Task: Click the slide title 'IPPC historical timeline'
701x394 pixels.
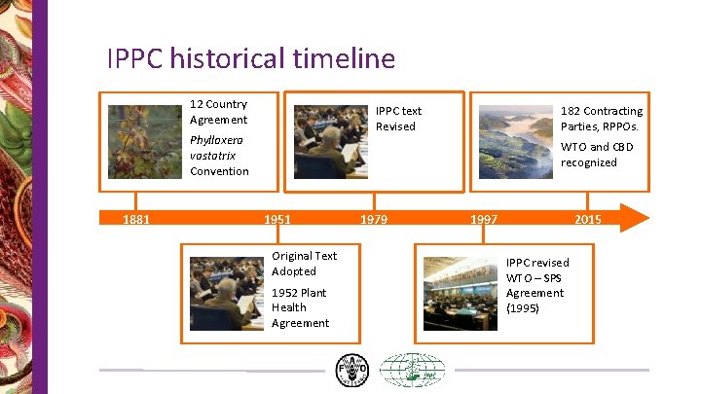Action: [250, 58]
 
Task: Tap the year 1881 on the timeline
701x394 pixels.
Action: [136, 220]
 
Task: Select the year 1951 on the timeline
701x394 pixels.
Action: [277, 220]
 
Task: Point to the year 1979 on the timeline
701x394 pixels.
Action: [373, 220]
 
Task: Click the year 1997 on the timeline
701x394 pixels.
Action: [484, 220]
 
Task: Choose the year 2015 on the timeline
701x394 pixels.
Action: [588, 220]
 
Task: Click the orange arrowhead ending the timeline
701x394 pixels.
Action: [634, 218]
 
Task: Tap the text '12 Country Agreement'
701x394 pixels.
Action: [218, 112]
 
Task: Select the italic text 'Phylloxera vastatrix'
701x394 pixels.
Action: [212, 148]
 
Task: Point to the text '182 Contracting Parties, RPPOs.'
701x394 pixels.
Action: [601, 119]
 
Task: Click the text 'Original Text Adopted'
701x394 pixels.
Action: [304, 264]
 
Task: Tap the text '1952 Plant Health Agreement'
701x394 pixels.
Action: [300, 307]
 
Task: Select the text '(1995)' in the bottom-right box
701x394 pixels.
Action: [522, 308]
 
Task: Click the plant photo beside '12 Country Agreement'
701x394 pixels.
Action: [144, 142]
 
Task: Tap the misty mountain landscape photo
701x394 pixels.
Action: [513, 142]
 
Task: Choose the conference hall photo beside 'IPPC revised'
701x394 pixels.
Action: [460, 294]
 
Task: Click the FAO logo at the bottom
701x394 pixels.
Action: [351, 371]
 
